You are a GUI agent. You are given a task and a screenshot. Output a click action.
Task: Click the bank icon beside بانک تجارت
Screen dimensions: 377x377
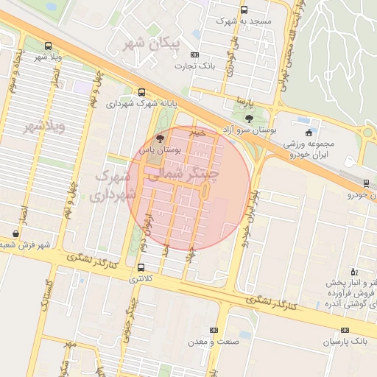(x=194, y=54)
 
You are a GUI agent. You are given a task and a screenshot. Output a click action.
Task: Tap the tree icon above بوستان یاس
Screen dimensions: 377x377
(x=161, y=138)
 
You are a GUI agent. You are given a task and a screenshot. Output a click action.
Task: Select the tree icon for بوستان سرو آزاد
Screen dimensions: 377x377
(x=249, y=118)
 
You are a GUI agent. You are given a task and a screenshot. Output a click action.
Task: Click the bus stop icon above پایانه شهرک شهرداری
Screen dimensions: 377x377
(x=141, y=92)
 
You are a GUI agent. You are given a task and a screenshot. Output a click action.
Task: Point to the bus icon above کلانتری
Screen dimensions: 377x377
(x=141, y=267)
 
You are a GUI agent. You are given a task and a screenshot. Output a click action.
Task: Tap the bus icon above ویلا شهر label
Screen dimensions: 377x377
(x=49, y=45)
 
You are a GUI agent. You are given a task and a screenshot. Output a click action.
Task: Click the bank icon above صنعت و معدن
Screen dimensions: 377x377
(x=214, y=331)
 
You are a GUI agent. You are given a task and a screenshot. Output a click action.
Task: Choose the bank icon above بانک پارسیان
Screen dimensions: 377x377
(x=345, y=331)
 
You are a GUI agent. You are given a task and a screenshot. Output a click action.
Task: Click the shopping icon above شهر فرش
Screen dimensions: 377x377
(x=15, y=233)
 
